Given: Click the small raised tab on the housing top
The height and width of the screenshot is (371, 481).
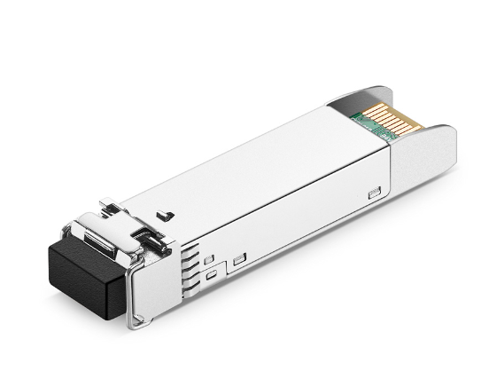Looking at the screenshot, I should pos(163,214).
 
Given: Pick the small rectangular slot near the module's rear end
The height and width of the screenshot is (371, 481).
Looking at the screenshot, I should pos(374,191).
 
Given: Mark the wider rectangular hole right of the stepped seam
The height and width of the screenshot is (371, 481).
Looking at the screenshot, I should pos(239,260).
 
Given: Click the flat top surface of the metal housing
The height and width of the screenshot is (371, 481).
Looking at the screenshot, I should pos(257,169).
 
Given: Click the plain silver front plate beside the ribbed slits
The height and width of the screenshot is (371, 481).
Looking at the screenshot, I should pos(159,284).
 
